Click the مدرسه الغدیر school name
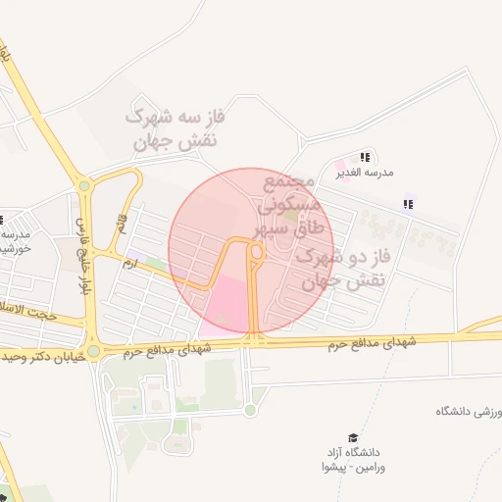[x=364, y=173]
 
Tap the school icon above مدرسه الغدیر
[x=365, y=157]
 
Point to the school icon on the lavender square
[x=408, y=204]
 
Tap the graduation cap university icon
[x=352, y=438]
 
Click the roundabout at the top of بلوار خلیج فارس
[x=84, y=185]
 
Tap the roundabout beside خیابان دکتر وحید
[x=93, y=351]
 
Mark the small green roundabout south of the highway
[x=250, y=410]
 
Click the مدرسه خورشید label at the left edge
[x=16, y=241]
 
